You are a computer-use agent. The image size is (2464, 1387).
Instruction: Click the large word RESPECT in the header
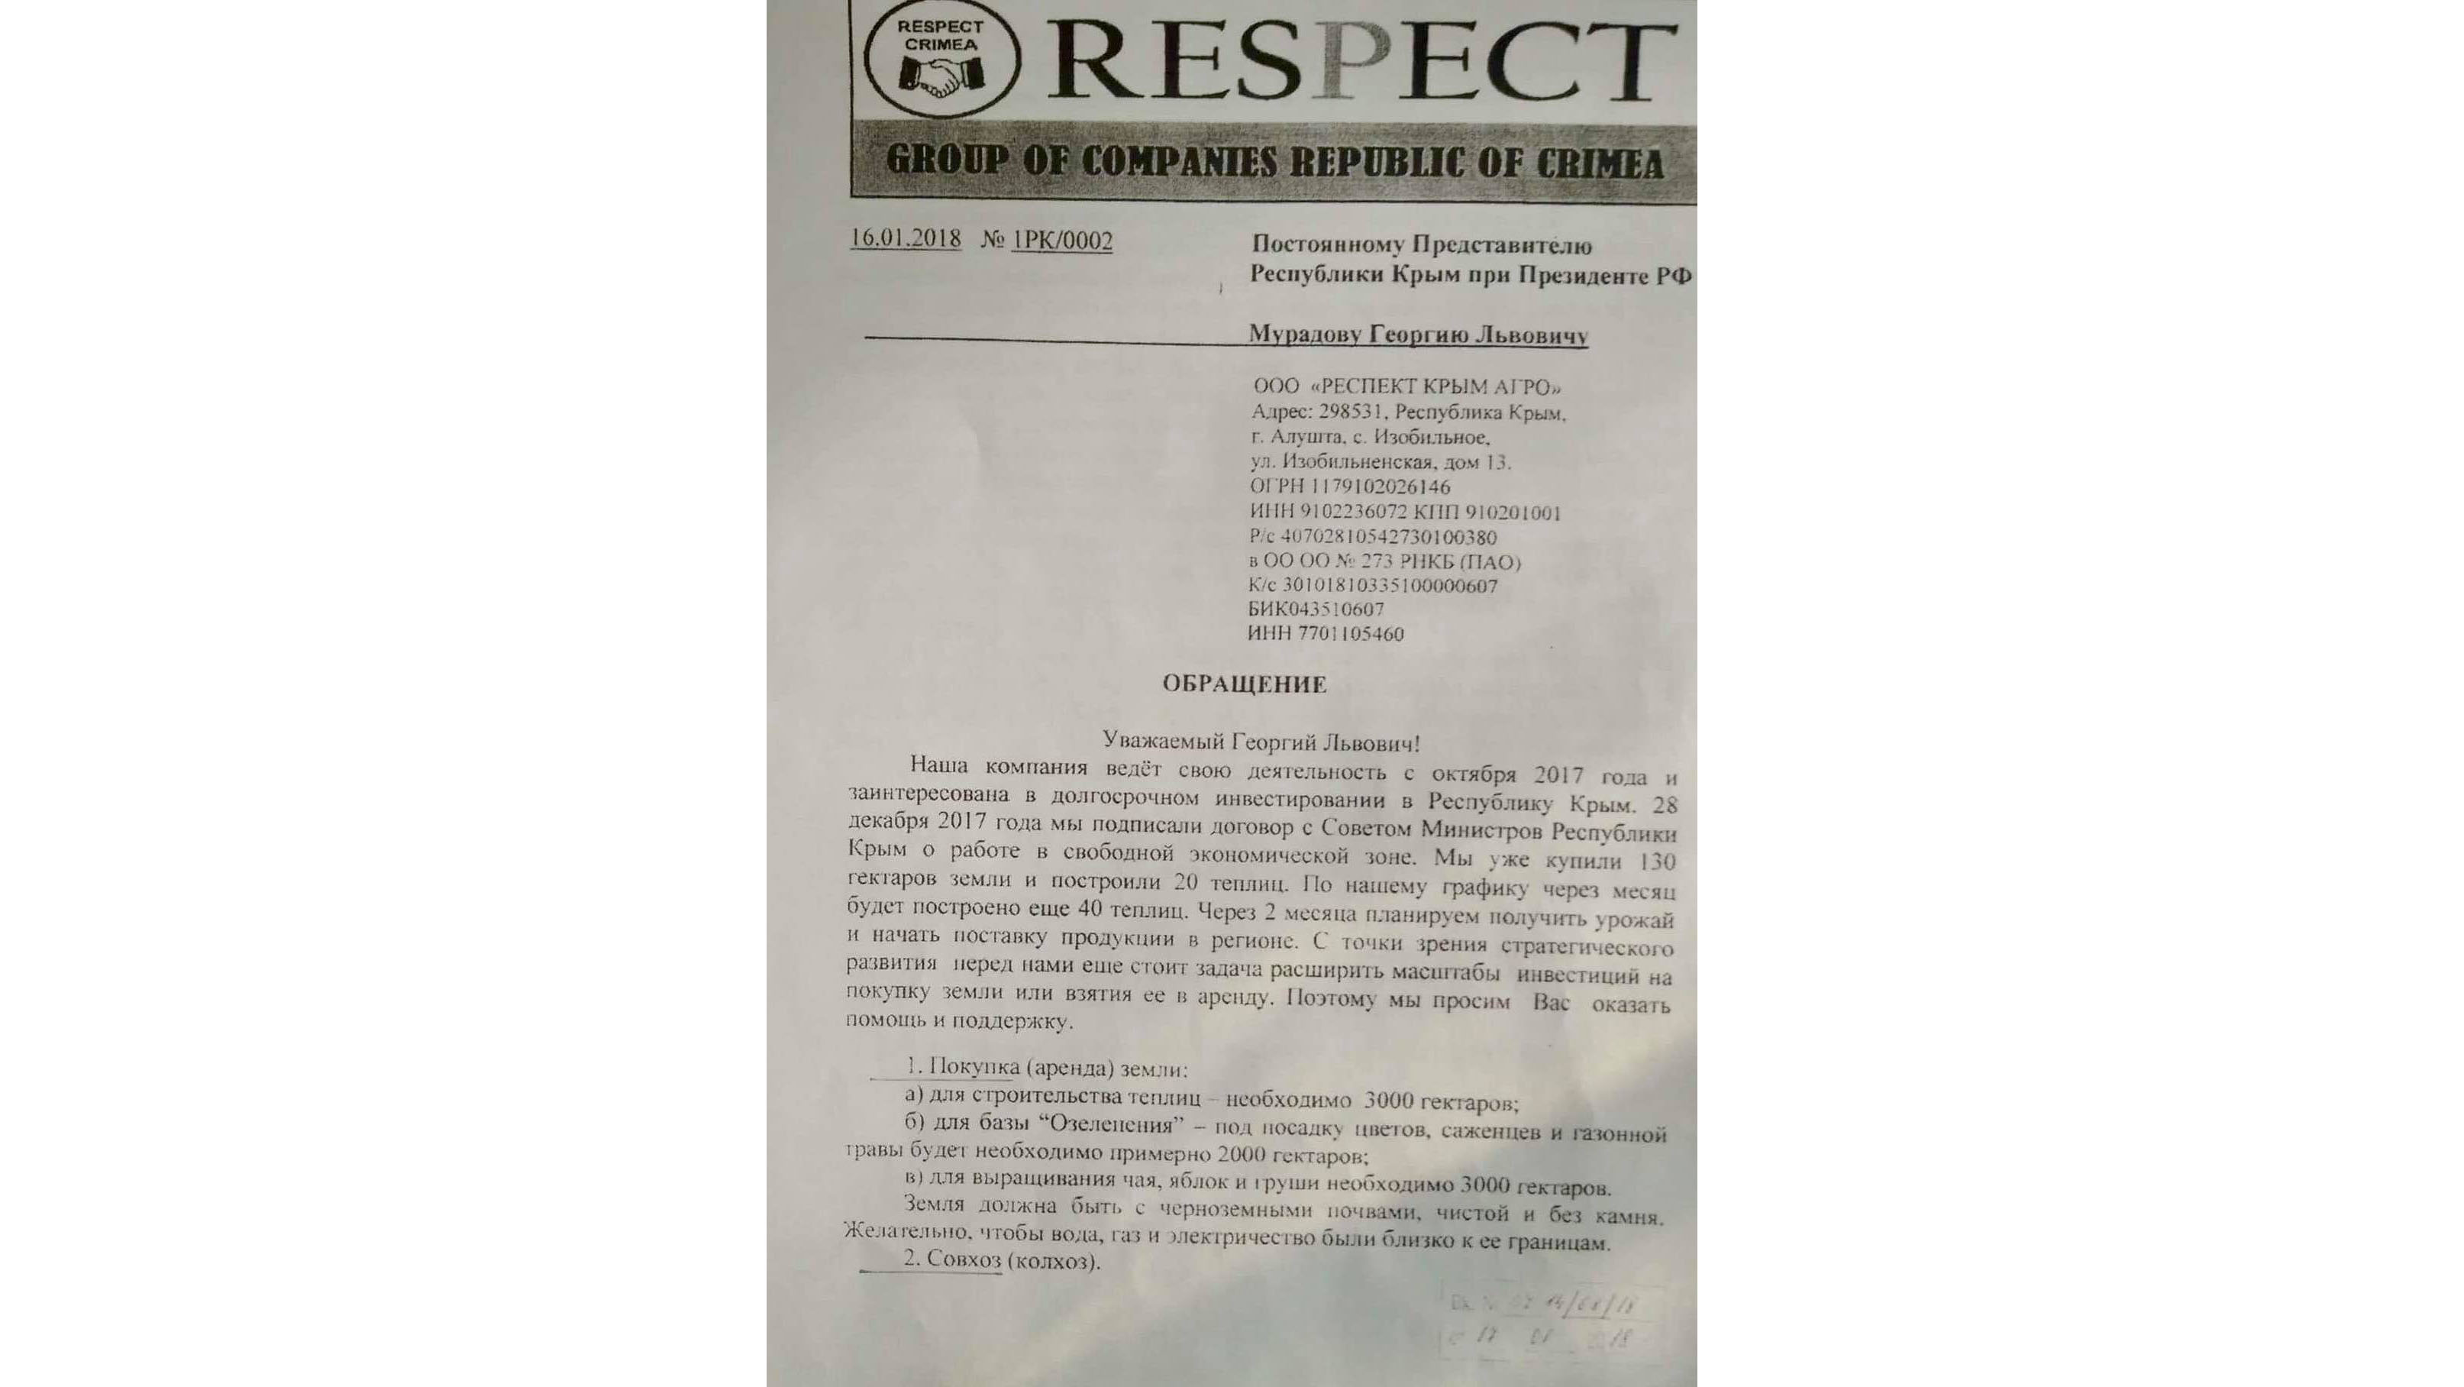(x=1362, y=60)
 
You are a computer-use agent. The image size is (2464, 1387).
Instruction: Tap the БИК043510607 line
(x=1315, y=609)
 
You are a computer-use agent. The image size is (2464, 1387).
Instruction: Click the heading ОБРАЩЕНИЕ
(x=1244, y=684)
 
